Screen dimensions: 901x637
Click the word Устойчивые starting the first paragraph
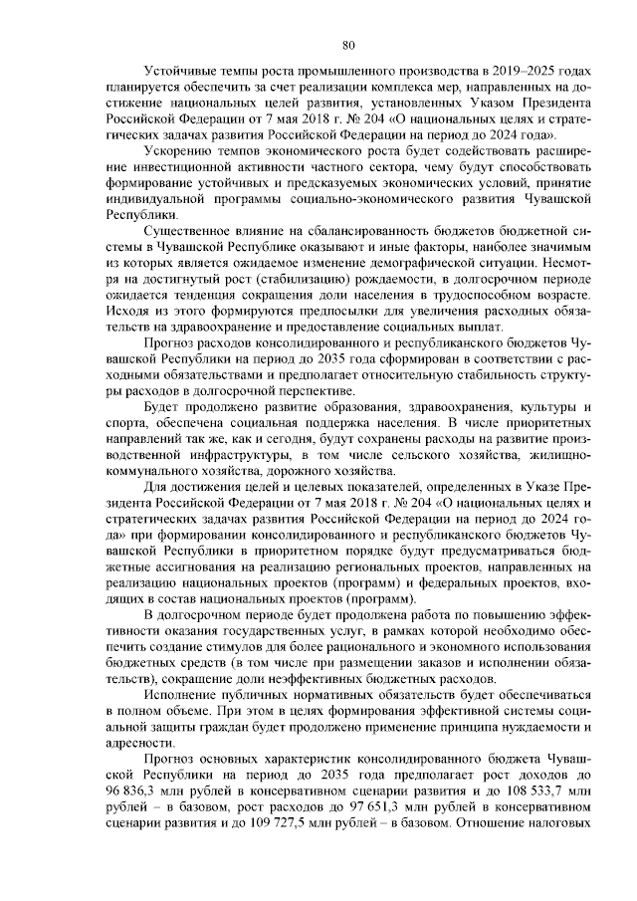tap(181, 72)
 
